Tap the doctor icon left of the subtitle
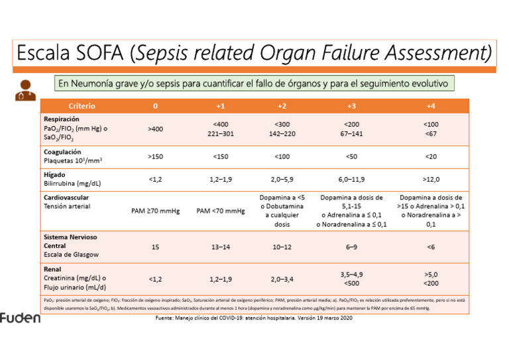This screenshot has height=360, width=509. (x=25, y=89)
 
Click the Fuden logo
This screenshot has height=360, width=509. (x=20, y=318)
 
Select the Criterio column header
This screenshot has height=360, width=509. (x=82, y=106)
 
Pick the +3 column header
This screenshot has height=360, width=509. (x=351, y=106)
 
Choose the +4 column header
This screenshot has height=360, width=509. (x=431, y=106)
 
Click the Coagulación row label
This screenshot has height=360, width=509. (x=62, y=152)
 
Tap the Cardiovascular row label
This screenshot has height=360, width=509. (x=66, y=198)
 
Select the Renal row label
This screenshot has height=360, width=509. (x=52, y=270)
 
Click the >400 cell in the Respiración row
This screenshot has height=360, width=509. (x=155, y=129)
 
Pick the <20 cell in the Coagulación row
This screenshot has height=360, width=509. (x=431, y=156)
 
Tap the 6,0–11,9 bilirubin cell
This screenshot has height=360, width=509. (x=351, y=180)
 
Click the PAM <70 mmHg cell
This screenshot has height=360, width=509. (x=221, y=211)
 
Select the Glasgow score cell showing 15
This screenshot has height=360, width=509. (x=155, y=247)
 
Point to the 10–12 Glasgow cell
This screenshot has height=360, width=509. (x=282, y=247)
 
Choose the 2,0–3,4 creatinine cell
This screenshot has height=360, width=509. (x=282, y=279)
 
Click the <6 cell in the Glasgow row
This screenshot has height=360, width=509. (x=431, y=247)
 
